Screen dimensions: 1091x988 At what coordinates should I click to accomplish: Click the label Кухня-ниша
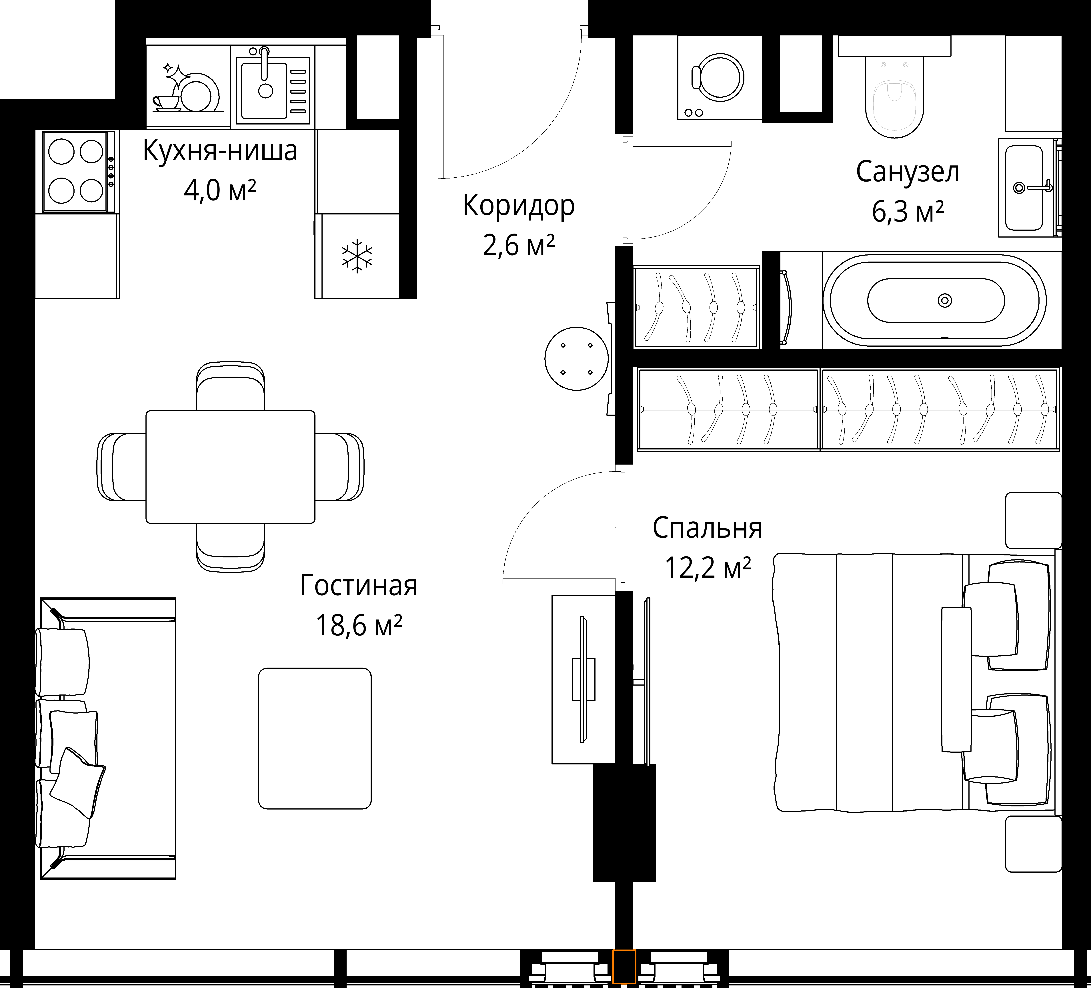pos(220,151)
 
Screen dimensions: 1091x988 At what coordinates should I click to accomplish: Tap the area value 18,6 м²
pos(359,626)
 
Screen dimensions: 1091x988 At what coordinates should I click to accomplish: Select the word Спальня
pos(707,528)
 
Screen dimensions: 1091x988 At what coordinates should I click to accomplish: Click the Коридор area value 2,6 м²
pos(518,245)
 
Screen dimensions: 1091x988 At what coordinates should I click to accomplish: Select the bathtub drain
pos(945,300)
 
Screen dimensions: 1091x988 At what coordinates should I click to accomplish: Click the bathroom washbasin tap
pos(1034,187)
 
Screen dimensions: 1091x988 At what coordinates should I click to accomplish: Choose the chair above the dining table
pos(231,386)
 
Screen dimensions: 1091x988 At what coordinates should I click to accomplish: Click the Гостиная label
pos(359,585)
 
